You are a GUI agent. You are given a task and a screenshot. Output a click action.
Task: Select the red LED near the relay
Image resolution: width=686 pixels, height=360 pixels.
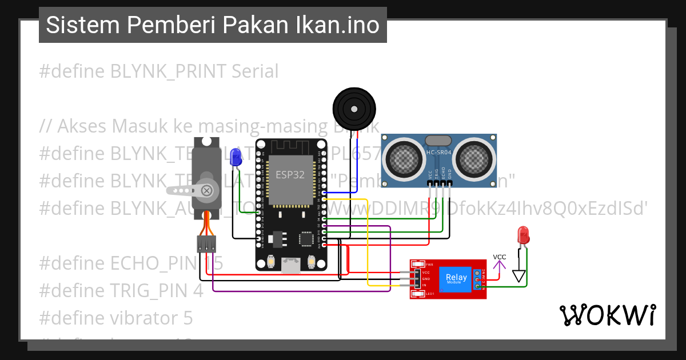pyautogui.click(x=522, y=234)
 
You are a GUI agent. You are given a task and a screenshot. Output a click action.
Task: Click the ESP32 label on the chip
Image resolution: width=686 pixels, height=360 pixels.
pyautogui.click(x=290, y=175)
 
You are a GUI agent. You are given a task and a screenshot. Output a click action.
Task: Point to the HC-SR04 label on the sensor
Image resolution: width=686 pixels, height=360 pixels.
pyautogui.click(x=438, y=153)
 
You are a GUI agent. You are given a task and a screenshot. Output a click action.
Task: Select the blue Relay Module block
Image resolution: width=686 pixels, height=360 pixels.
pyautogui.click(x=456, y=279)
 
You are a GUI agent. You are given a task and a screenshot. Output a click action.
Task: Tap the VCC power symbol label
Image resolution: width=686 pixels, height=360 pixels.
pyautogui.click(x=500, y=257)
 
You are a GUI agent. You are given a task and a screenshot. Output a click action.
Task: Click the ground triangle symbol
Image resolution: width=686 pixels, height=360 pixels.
pyautogui.click(x=519, y=276)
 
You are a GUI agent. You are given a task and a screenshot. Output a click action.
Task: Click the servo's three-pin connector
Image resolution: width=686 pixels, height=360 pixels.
pyautogui.click(x=206, y=244)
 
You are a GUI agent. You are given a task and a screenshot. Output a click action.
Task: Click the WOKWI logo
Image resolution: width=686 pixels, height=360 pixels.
pyautogui.click(x=607, y=315)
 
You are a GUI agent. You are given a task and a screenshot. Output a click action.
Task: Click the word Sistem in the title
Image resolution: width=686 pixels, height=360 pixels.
pyautogui.click(x=82, y=25)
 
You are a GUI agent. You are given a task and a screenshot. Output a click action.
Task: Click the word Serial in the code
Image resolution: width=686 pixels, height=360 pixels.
pyautogui.click(x=255, y=71)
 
